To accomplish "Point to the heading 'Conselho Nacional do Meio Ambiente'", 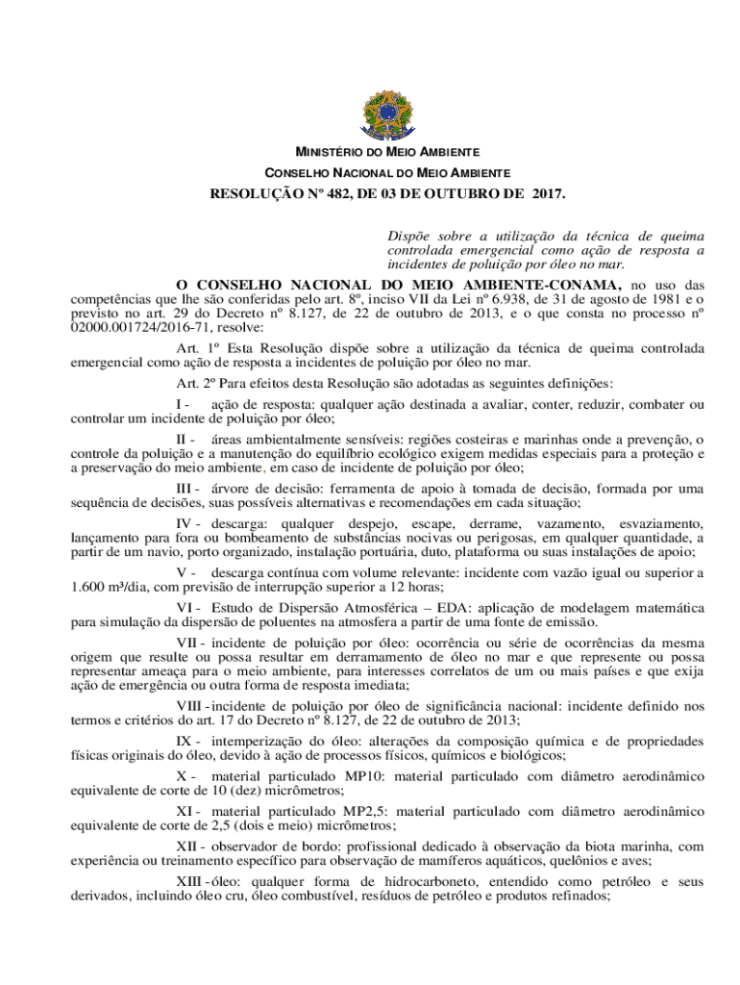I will point(387,173).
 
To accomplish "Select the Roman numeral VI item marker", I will point(186,609).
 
